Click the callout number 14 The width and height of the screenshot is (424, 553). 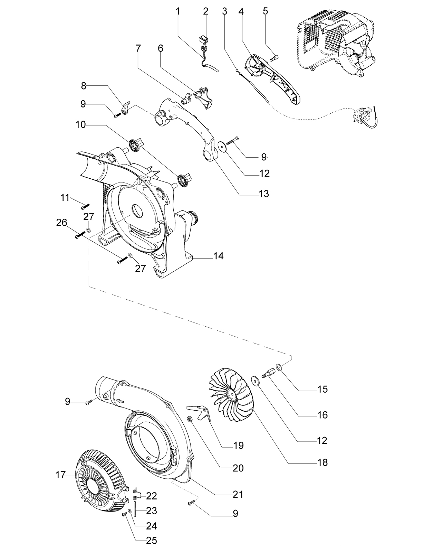tap(218, 256)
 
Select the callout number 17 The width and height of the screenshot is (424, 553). tap(61, 475)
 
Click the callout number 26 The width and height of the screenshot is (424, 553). tap(61, 223)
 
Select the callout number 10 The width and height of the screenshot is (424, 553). tap(80, 125)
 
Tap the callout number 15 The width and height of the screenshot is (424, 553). tap(322, 389)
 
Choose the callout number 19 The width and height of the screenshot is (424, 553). tap(238, 445)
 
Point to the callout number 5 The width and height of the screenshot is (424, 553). tap(265, 11)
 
